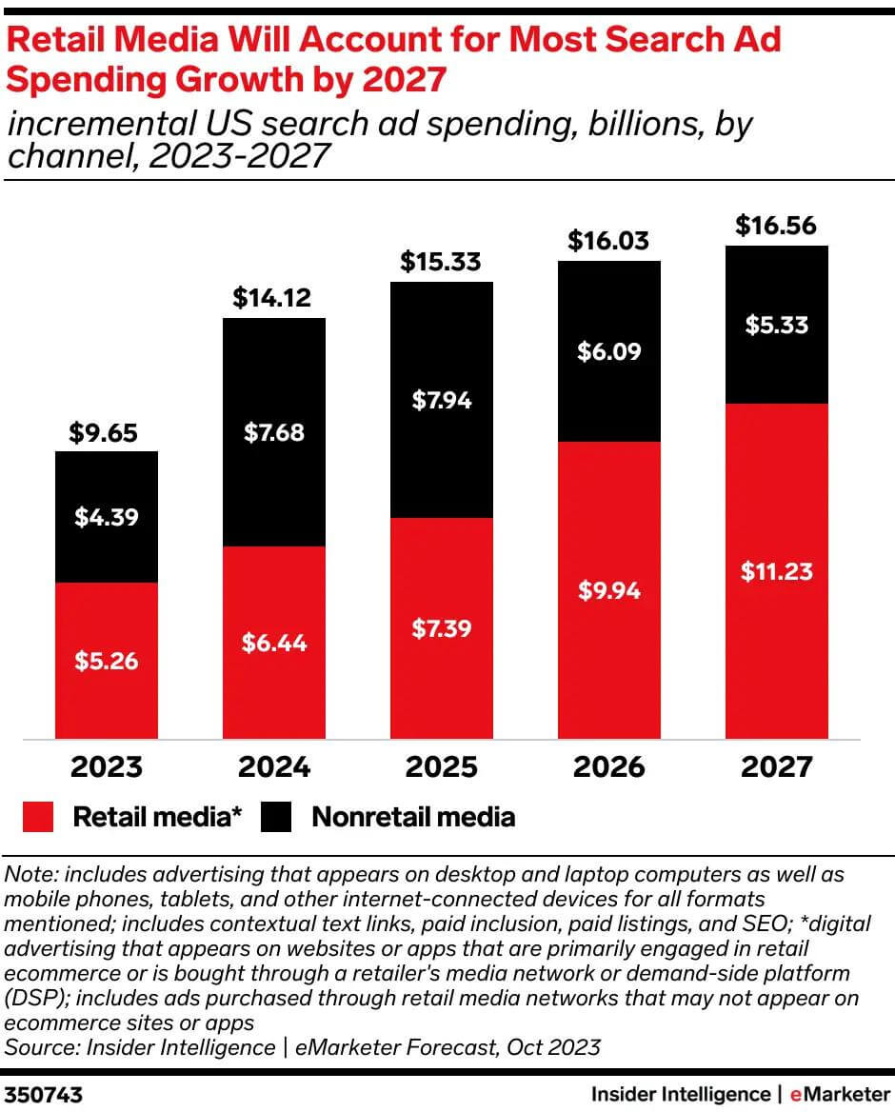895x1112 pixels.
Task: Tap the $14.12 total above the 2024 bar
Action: pos(273,300)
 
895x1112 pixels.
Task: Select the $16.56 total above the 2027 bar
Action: pos(776,227)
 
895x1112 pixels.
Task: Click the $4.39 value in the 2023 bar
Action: pos(106,518)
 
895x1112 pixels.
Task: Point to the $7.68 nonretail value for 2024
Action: pos(273,433)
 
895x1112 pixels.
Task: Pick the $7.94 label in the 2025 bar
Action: pos(441,400)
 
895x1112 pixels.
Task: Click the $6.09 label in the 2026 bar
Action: pos(608,351)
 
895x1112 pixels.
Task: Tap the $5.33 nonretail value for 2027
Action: pos(776,325)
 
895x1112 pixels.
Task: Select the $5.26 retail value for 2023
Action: pos(106,661)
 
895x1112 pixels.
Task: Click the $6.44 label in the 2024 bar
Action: pos(273,643)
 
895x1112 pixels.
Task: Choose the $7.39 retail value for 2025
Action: pos(441,628)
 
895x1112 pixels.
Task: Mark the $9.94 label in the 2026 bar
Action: pos(608,590)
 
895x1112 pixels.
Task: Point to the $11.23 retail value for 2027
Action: pos(776,571)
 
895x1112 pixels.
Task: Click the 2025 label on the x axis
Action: pos(441,766)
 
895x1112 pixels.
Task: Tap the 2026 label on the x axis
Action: pos(608,766)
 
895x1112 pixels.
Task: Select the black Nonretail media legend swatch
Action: pos(276,817)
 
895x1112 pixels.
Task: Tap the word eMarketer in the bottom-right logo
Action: pos(838,1095)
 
